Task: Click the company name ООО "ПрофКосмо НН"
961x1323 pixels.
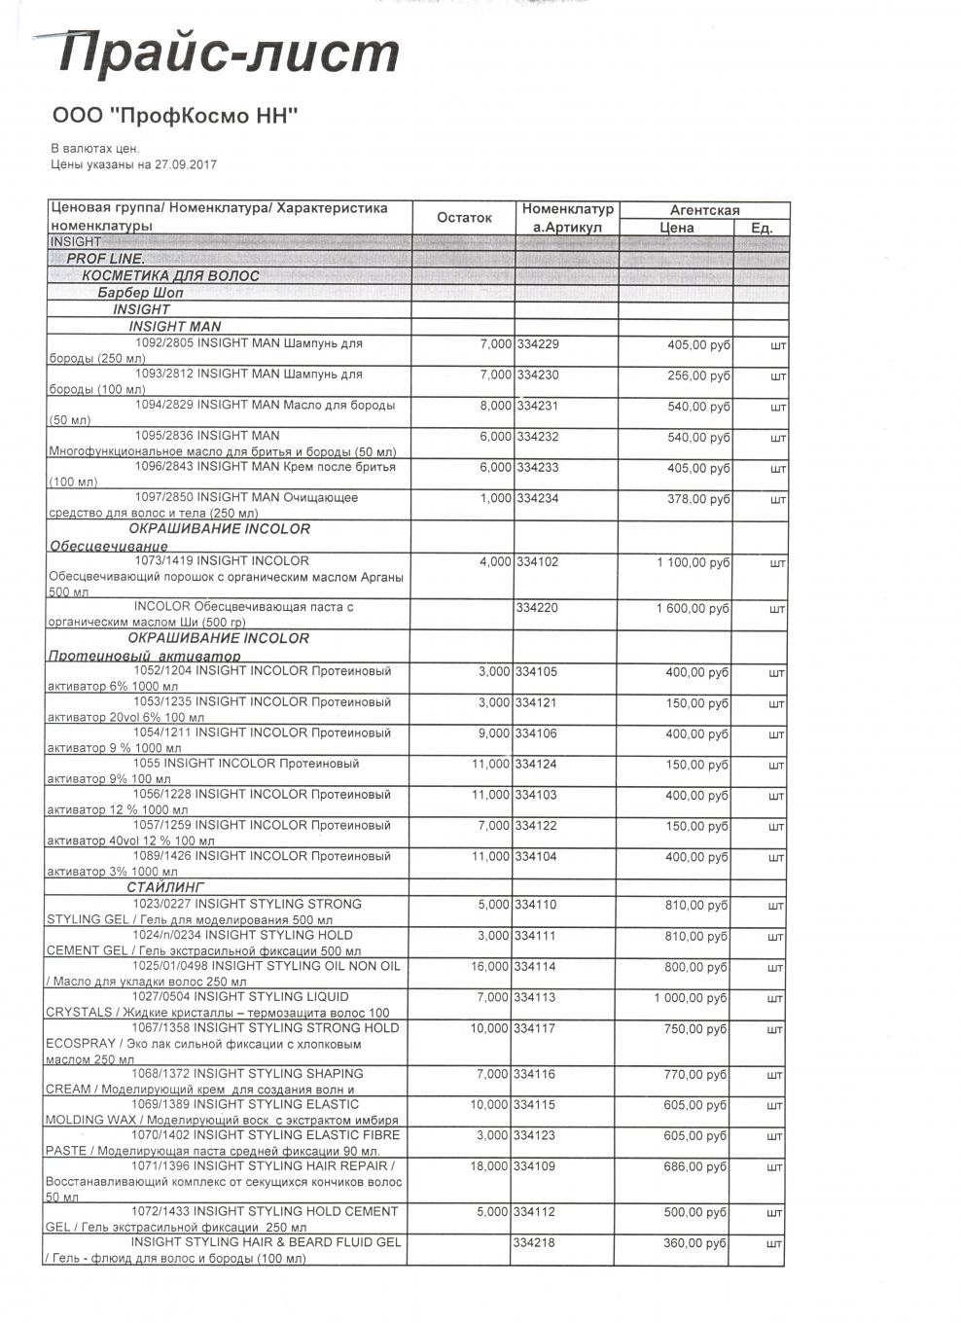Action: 174,116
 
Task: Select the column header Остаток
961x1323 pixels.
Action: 464,217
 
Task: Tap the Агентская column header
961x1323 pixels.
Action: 704,210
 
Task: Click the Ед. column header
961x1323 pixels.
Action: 762,228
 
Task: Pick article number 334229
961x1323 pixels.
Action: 538,344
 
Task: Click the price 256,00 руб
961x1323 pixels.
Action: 698,375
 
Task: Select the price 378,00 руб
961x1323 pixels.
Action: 698,499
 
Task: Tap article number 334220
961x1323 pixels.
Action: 538,608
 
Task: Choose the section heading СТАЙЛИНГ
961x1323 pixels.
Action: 165,887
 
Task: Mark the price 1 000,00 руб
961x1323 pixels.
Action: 691,998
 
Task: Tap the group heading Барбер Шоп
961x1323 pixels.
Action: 140,292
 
